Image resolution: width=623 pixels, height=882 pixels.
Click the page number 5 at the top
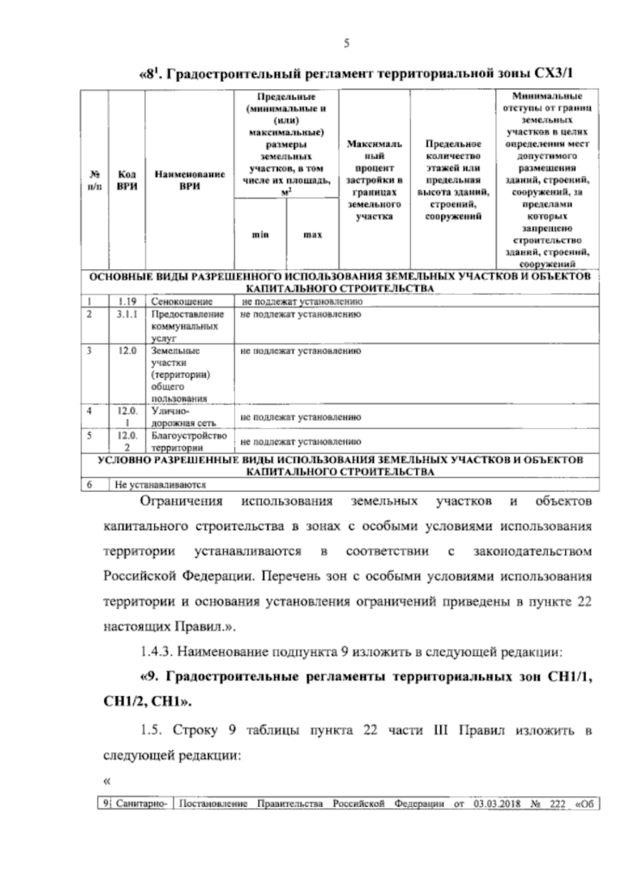[346, 44]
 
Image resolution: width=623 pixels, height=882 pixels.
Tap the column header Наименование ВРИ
[189, 181]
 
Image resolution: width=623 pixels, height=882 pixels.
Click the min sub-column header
[261, 235]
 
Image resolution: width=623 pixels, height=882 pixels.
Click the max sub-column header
[313, 235]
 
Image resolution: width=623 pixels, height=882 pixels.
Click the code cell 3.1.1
[127, 314]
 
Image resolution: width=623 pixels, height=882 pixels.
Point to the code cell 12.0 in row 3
[127, 351]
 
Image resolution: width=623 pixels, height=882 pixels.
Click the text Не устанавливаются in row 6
[161, 486]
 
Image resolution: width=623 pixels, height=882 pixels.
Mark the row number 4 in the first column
[90, 411]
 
